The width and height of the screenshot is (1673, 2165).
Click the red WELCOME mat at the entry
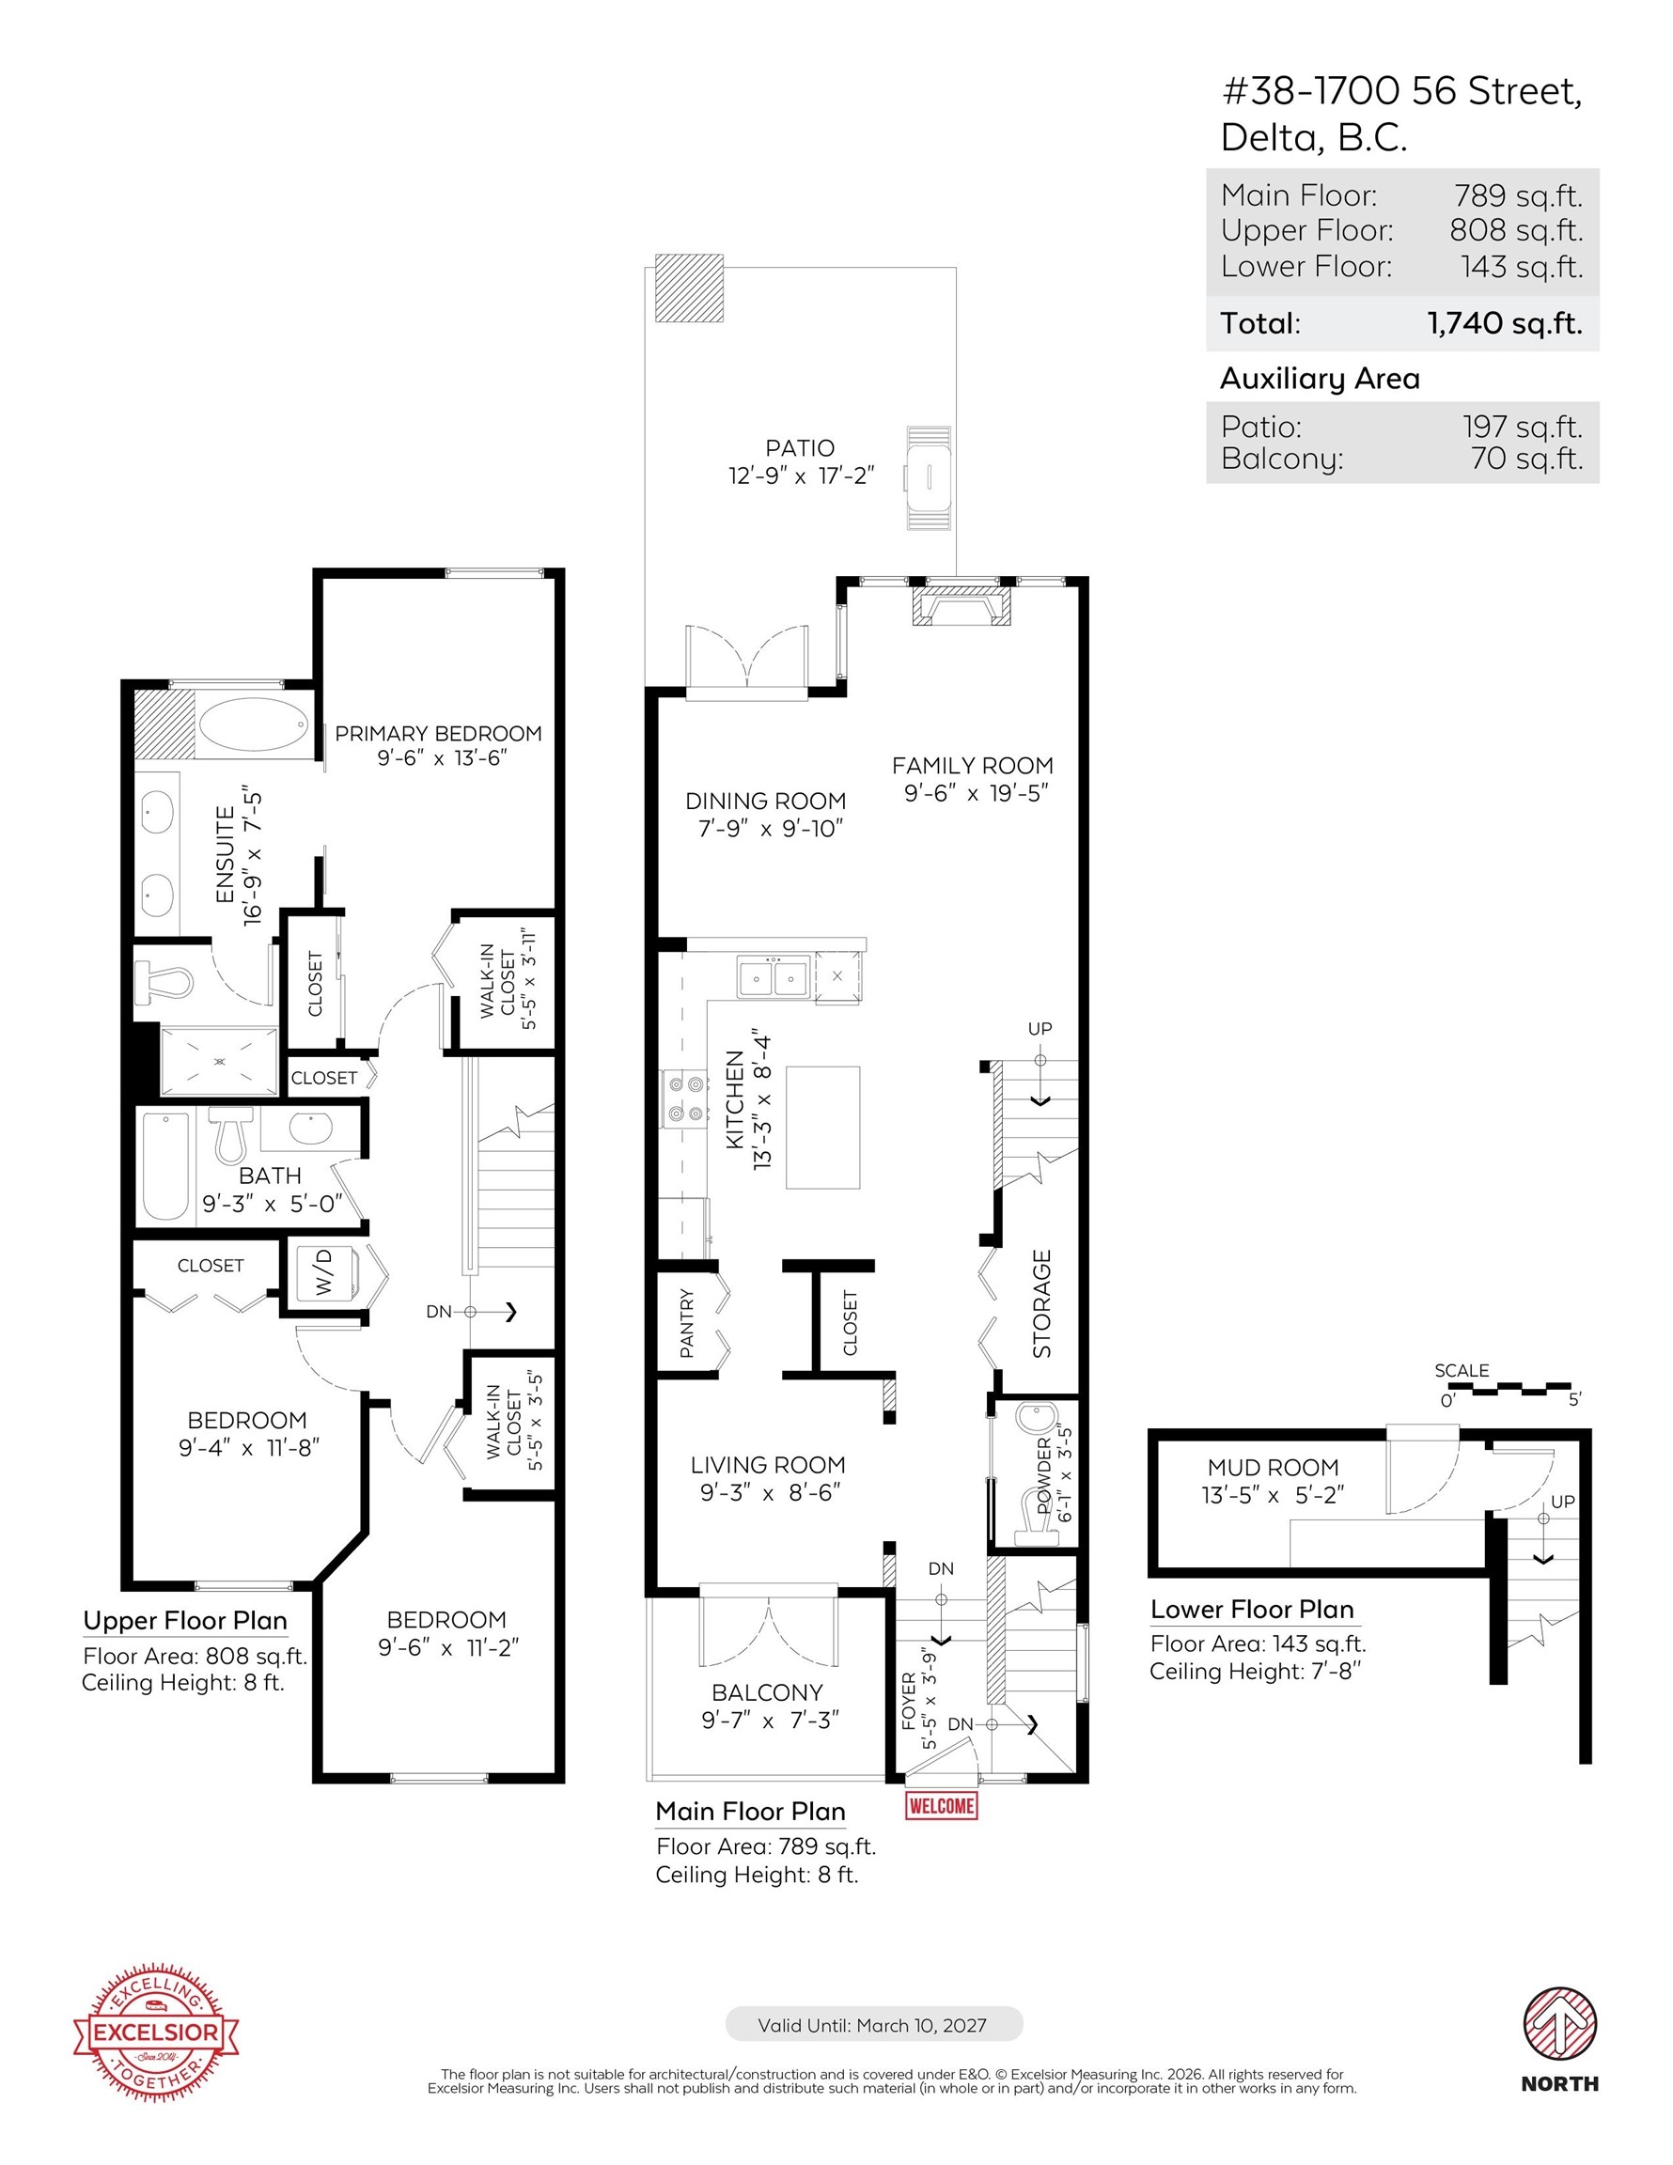point(941,1805)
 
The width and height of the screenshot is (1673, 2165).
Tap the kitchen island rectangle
point(822,1127)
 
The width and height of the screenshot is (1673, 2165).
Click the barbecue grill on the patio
point(930,479)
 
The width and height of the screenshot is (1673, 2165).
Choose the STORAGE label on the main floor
point(1041,1303)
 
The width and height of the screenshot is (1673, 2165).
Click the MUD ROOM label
point(1273,1466)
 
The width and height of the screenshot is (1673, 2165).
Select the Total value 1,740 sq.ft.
point(1505,323)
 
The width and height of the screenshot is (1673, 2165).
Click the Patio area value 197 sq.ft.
point(1523,427)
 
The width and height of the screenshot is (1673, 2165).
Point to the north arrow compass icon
point(1560,2023)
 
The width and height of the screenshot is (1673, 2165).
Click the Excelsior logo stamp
point(156,2033)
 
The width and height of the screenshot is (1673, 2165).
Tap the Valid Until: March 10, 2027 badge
point(873,2024)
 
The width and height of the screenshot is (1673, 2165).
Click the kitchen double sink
point(773,978)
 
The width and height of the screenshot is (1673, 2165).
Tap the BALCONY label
point(767,1692)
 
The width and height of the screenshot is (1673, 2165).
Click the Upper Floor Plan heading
point(185,1621)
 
